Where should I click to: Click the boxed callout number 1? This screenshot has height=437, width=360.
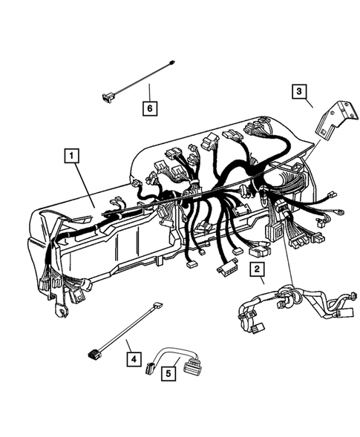71,156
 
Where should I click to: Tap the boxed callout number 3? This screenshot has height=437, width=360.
298,91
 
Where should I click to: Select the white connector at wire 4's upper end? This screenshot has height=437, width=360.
157,305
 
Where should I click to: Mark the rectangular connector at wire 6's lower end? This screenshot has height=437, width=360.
108,93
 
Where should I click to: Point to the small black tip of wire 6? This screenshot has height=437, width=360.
171,62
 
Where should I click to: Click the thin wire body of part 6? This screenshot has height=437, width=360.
141,78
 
